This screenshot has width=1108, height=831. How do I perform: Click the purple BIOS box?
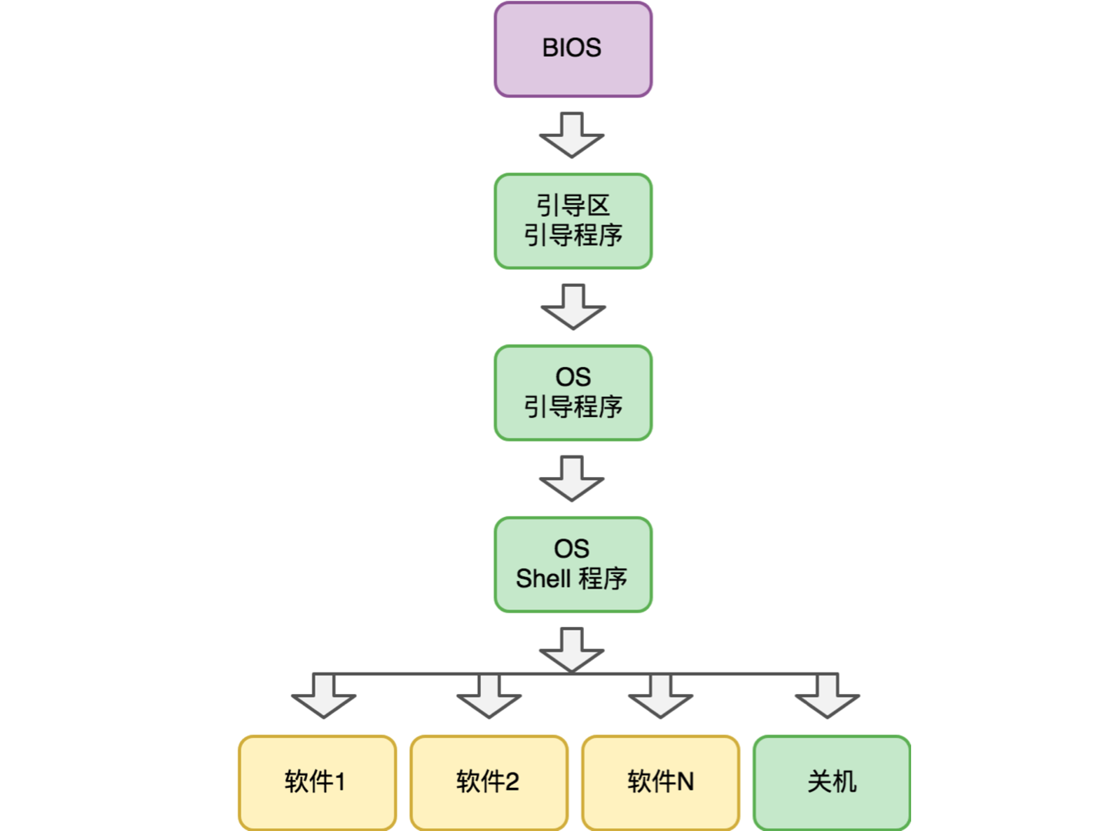(x=573, y=50)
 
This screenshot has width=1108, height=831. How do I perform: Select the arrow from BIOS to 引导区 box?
(x=572, y=135)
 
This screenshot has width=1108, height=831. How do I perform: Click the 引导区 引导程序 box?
(x=573, y=222)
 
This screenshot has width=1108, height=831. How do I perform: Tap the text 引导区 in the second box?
(x=573, y=205)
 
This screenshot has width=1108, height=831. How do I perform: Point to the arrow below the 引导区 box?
(x=573, y=307)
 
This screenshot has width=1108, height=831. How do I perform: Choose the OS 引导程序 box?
(x=573, y=393)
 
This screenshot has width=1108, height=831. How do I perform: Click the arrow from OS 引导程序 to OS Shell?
(x=572, y=479)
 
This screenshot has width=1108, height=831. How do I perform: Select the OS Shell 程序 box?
(x=573, y=565)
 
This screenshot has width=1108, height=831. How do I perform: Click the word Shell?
(x=543, y=579)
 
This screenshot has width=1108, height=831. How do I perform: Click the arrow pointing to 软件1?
(x=324, y=696)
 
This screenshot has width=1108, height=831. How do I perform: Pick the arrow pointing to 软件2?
(x=489, y=696)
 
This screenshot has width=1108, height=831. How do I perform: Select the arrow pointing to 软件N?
(x=661, y=696)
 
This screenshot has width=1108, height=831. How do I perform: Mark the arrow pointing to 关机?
(x=827, y=696)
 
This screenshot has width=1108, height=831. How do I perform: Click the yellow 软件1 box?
(x=317, y=783)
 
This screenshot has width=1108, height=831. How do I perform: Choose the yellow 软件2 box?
(x=489, y=783)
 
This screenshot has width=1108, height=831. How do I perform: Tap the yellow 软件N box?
(x=661, y=783)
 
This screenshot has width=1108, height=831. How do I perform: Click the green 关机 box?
(x=832, y=783)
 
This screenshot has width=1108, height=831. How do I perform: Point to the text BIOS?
(x=572, y=48)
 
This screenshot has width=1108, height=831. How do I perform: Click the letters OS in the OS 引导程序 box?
(x=573, y=377)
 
